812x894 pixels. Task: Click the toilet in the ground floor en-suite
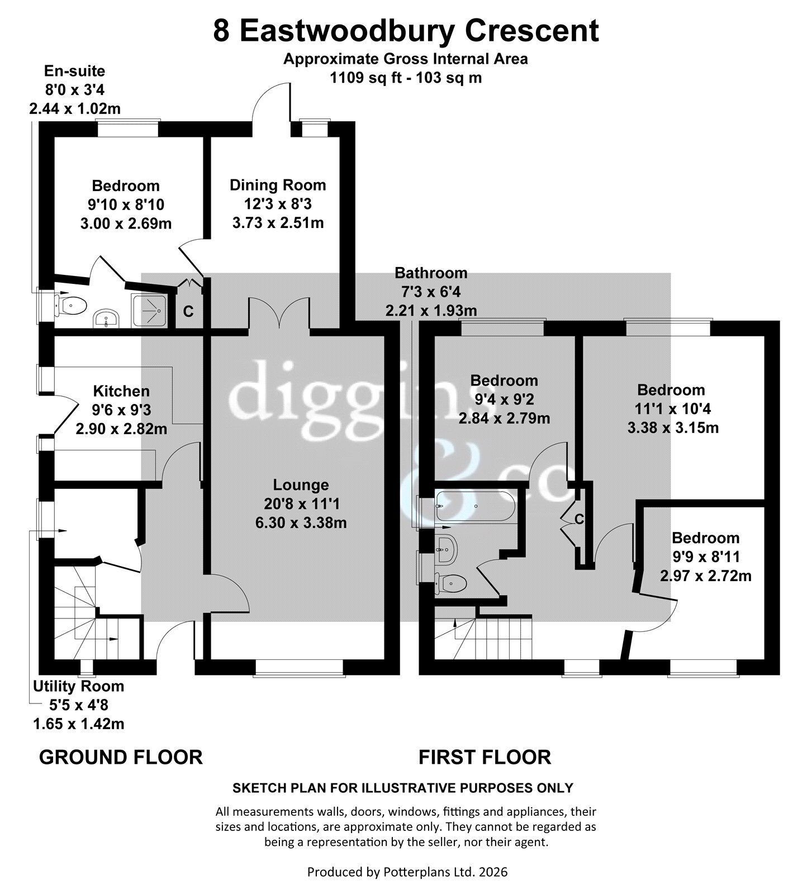[x=71, y=306]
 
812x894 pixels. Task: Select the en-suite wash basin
[x=106, y=318]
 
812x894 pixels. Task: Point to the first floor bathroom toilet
[x=450, y=583]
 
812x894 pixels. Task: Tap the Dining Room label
[x=278, y=185]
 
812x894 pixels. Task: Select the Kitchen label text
[x=121, y=391]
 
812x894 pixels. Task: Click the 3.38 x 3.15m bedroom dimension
[x=673, y=428]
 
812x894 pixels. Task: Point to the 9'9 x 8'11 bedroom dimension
[x=706, y=557]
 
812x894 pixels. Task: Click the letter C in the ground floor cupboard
[x=189, y=312]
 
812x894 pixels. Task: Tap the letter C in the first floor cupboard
[x=579, y=520]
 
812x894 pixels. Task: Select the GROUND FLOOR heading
[x=121, y=758]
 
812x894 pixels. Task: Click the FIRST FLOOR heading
[x=485, y=758]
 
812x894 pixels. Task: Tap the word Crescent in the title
[x=533, y=31]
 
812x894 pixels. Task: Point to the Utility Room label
[x=79, y=686]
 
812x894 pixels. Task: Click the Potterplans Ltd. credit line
[x=407, y=872]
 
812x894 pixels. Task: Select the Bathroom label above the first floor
[x=431, y=273]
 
